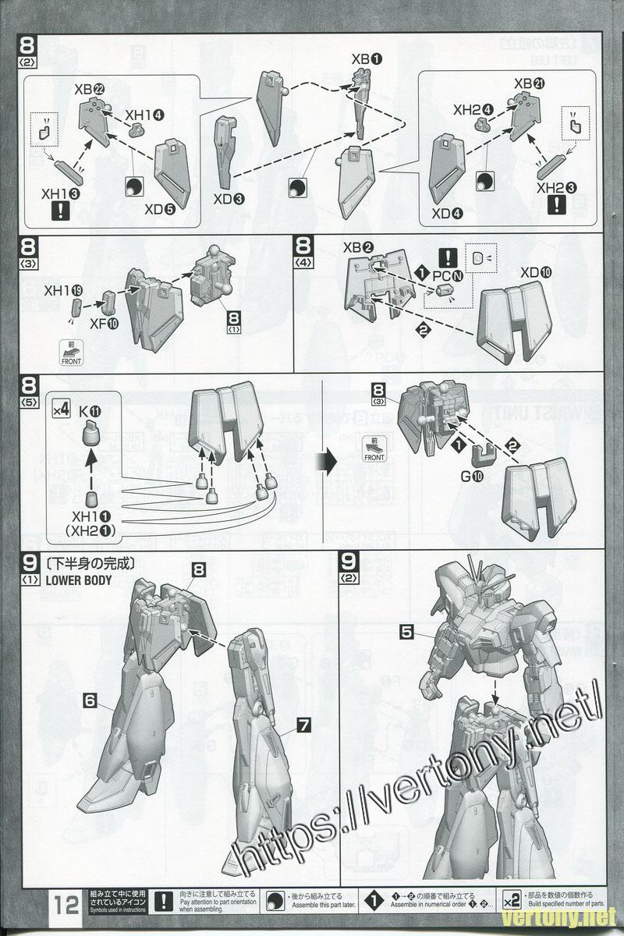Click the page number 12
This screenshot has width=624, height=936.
(66, 905)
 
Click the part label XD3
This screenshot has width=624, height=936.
(228, 198)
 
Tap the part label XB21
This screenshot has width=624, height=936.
(530, 83)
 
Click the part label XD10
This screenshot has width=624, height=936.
(535, 272)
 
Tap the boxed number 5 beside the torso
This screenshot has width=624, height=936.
(406, 633)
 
